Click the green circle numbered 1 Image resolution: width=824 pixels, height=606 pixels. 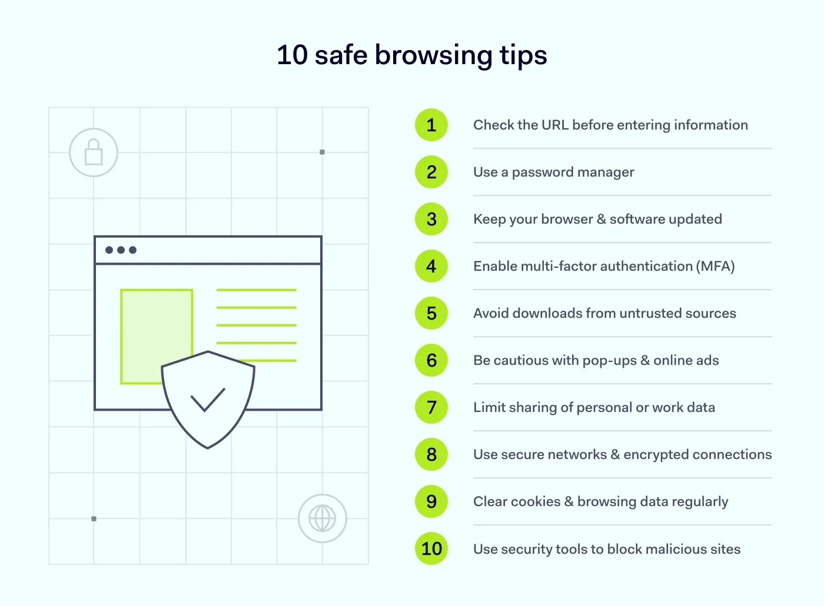(431, 125)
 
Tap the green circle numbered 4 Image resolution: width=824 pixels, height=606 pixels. (431, 267)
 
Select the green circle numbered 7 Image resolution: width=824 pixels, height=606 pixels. (431, 408)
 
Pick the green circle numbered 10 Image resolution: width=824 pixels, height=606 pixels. (431, 549)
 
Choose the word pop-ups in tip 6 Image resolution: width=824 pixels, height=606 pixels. (609, 361)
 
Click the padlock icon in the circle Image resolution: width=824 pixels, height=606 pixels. (94, 152)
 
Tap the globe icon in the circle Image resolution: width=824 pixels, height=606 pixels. (323, 518)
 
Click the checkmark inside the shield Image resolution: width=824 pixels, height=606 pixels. (208, 399)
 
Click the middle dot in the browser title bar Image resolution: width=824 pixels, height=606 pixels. (121, 250)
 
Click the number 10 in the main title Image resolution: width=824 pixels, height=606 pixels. (292, 55)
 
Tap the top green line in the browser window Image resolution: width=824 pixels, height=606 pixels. (256, 290)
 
